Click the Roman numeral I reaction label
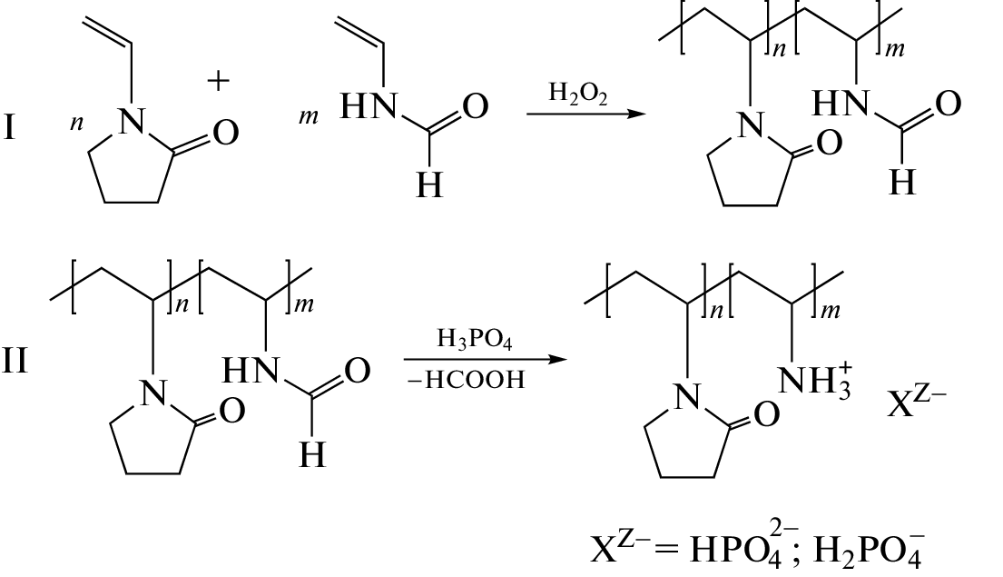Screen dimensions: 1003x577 pos(9,126)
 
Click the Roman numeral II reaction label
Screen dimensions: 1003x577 pos(15,360)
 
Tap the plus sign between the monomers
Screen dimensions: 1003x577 pos(218,81)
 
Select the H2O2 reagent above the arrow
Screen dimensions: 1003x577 pos(577,94)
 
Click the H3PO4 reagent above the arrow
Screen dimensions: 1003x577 pos(475,339)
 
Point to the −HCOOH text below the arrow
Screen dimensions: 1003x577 pos(466,380)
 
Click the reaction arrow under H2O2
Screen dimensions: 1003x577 pos(586,114)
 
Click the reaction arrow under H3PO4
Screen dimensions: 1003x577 pos(486,359)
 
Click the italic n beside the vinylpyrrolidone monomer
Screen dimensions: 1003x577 pos(76,123)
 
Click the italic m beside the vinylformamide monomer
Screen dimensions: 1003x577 pos(309,117)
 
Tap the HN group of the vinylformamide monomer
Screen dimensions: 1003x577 pos(369,106)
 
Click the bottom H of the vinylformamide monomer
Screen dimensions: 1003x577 pos(428,185)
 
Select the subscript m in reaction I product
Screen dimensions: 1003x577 pos(895,50)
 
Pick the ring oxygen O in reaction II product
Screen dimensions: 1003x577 pos(766,413)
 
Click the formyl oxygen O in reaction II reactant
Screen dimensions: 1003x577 pos(357,370)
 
